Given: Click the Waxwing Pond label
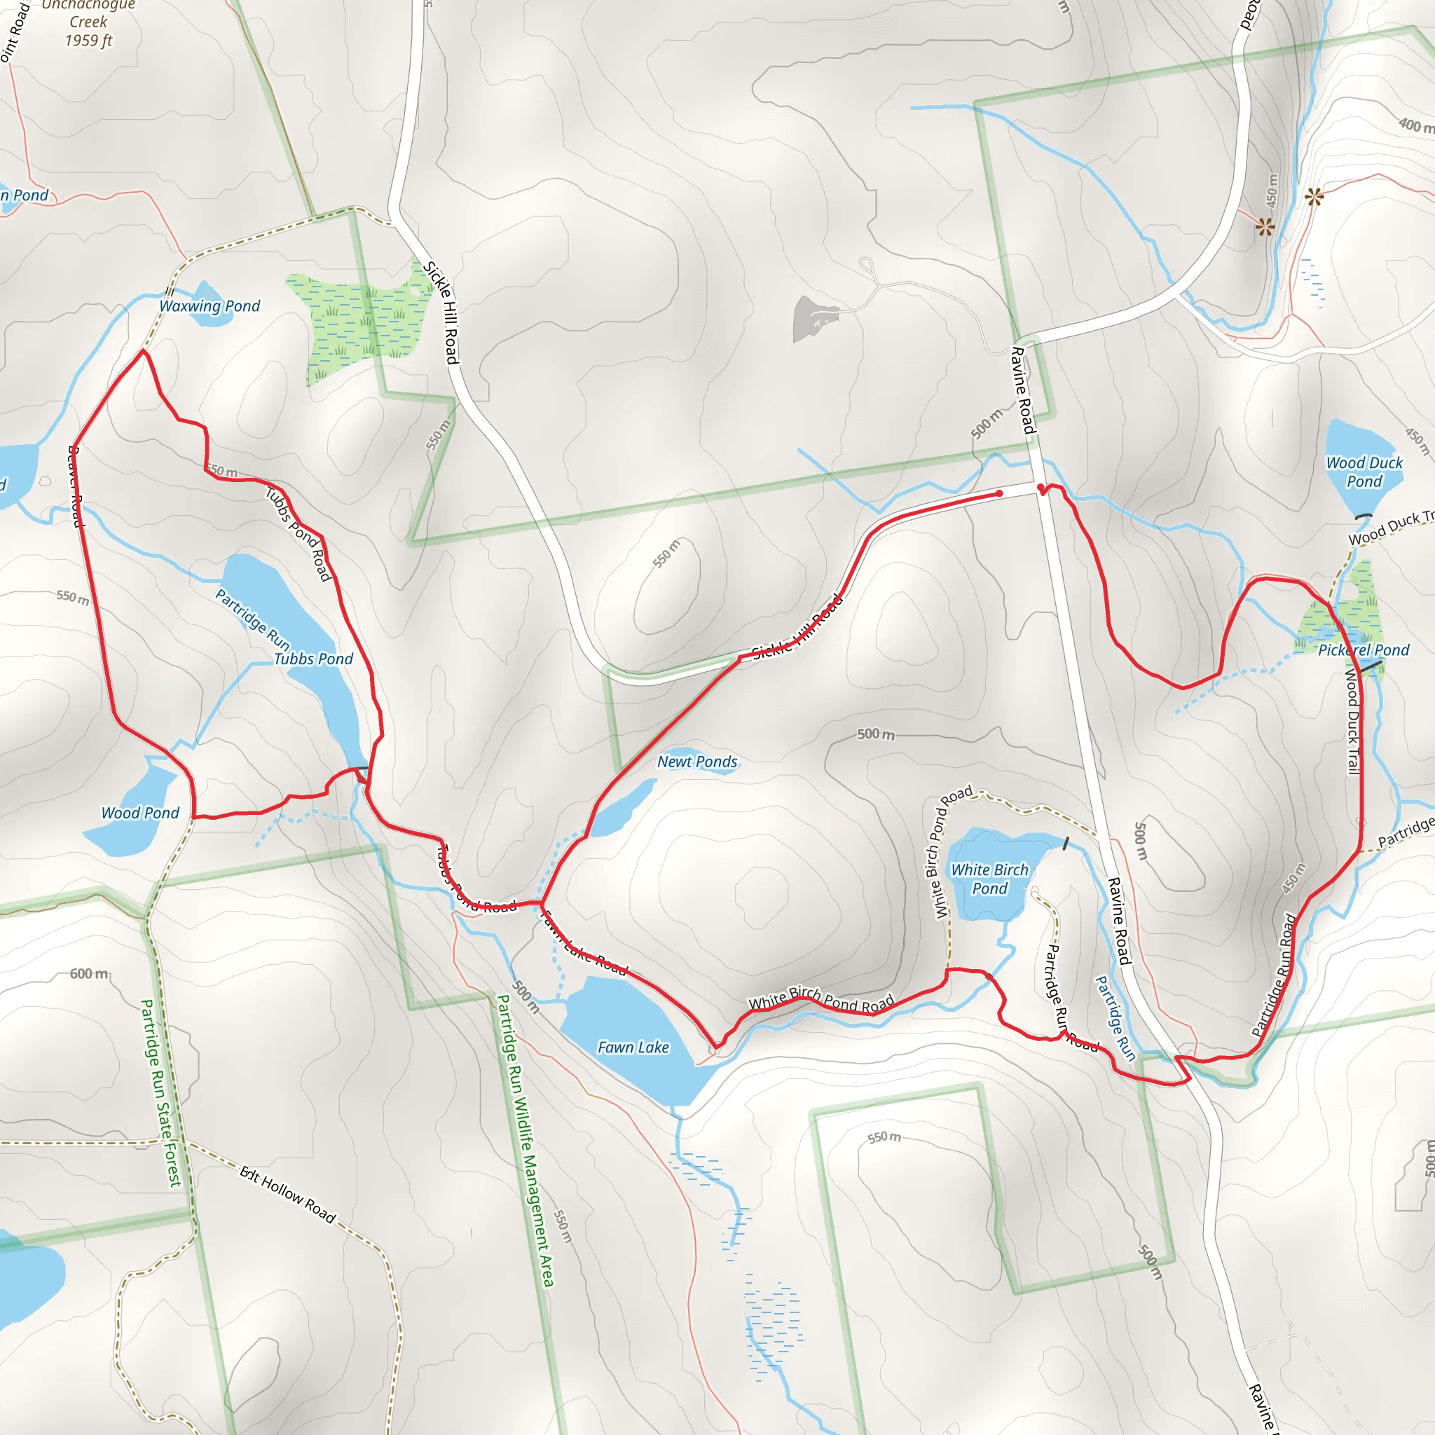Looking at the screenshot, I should [210, 306].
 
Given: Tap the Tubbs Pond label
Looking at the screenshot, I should [313, 659].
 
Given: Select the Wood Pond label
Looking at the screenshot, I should [140, 813].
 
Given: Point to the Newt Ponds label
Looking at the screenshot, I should [696, 762].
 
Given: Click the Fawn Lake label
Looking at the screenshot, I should [633, 1048].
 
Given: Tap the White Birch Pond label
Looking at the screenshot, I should [989, 879].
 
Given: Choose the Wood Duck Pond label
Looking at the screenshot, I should [1364, 472].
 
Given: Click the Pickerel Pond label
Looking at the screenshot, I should [1363, 650].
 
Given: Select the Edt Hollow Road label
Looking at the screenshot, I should [287, 1195].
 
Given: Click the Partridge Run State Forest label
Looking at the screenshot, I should [160, 1092].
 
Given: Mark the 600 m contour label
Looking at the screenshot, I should [89, 973].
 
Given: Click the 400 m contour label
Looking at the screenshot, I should [1415, 125].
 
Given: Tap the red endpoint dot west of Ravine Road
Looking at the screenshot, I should [999, 494].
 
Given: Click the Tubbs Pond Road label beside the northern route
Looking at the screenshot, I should [298, 533].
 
